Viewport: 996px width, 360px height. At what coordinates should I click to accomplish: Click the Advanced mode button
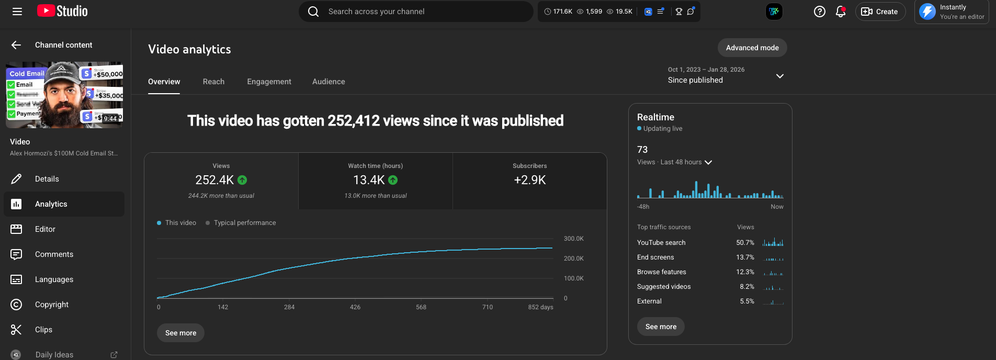pyautogui.click(x=752, y=48)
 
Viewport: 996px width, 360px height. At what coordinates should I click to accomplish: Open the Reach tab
pyautogui.click(x=213, y=82)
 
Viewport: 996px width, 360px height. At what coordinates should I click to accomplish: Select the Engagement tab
pyautogui.click(x=269, y=82)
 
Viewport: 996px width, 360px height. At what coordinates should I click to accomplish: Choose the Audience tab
pyautogui.click(x=329, y=82)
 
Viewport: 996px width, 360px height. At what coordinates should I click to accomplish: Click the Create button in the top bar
pyautogui.click(x=880, y=12)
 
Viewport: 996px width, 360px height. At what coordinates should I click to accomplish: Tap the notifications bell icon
pyautogui.click(x=841, y=12)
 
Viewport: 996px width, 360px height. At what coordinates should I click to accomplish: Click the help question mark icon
pyautogui.click(x=820, y=12)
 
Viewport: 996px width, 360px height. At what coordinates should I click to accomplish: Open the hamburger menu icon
pyautogui.click(x=17, y=12)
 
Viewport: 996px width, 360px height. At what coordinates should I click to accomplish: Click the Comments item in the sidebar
pyautogui.click(x=54, y=254)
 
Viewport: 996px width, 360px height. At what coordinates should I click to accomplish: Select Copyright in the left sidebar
pyautogui.click(x=52, y=305)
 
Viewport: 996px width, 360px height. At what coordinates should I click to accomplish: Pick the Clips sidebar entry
pyautogui.click(x=43, y=330)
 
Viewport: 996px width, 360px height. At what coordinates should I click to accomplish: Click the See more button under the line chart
pyautogui.click(x=180, y=333)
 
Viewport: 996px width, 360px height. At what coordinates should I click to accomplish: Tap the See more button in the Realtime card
pyautogui.click(x=661, y=327)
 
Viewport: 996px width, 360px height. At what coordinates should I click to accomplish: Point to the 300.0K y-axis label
pyautogui.click(x=573, y=239)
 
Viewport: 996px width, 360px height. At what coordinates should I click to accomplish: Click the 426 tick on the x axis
pyautogui.click(x=355, y=307)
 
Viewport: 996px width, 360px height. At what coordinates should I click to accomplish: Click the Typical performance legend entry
pyautogui.click(x=244, y=223)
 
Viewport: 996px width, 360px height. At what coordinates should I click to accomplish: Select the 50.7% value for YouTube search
pyautogui.click(x=745, y=243)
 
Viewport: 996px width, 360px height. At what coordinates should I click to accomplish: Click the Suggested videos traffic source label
pyautogui.click(x=664, y=287)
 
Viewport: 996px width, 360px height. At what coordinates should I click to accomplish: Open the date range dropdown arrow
pyautogui.click(x=779, y=76)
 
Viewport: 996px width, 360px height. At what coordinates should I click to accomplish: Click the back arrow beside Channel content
pyautogui.click(x=16, y=45)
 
